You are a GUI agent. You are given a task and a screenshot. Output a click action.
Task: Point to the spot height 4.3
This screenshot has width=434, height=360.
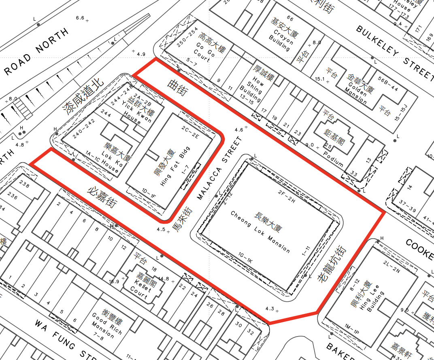point(270,308)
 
